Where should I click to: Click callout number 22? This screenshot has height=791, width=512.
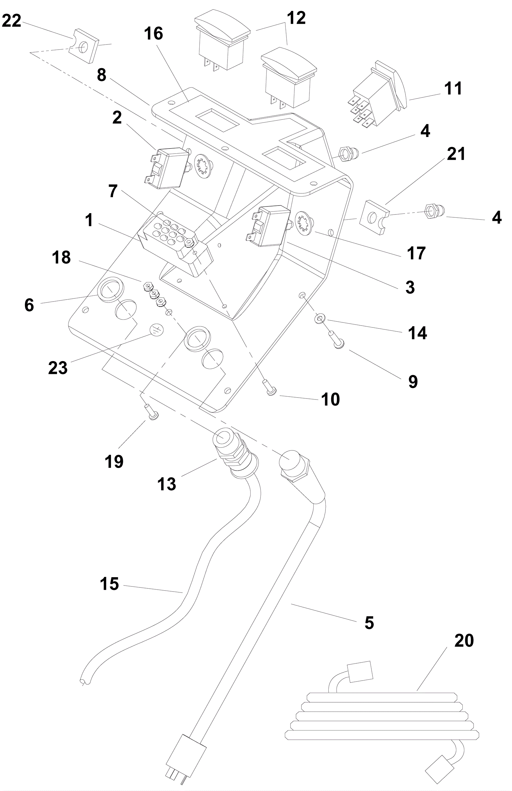[12, 21]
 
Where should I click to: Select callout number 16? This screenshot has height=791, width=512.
[154, 34]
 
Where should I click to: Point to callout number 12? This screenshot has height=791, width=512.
[296, 18]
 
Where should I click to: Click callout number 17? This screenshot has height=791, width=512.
[416, 253]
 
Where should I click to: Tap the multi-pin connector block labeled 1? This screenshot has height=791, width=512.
[174, 244]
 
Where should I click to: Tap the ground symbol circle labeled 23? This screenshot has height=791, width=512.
[157, 330]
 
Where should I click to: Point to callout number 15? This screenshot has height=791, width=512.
[109, 584]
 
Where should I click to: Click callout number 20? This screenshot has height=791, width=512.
[464, 641]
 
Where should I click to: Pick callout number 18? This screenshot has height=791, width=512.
[61, 258]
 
